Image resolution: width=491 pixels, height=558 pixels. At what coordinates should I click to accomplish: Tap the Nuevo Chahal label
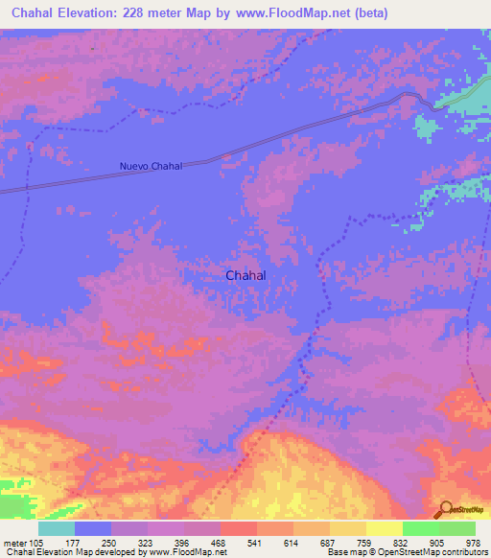coord(151,167)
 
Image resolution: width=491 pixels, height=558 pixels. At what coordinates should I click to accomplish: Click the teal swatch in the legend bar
coord(57,527)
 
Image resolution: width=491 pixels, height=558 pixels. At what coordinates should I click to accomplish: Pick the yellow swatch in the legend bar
coord(384,527)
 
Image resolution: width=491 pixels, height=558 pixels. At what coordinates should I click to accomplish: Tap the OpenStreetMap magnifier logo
coord(444,509)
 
